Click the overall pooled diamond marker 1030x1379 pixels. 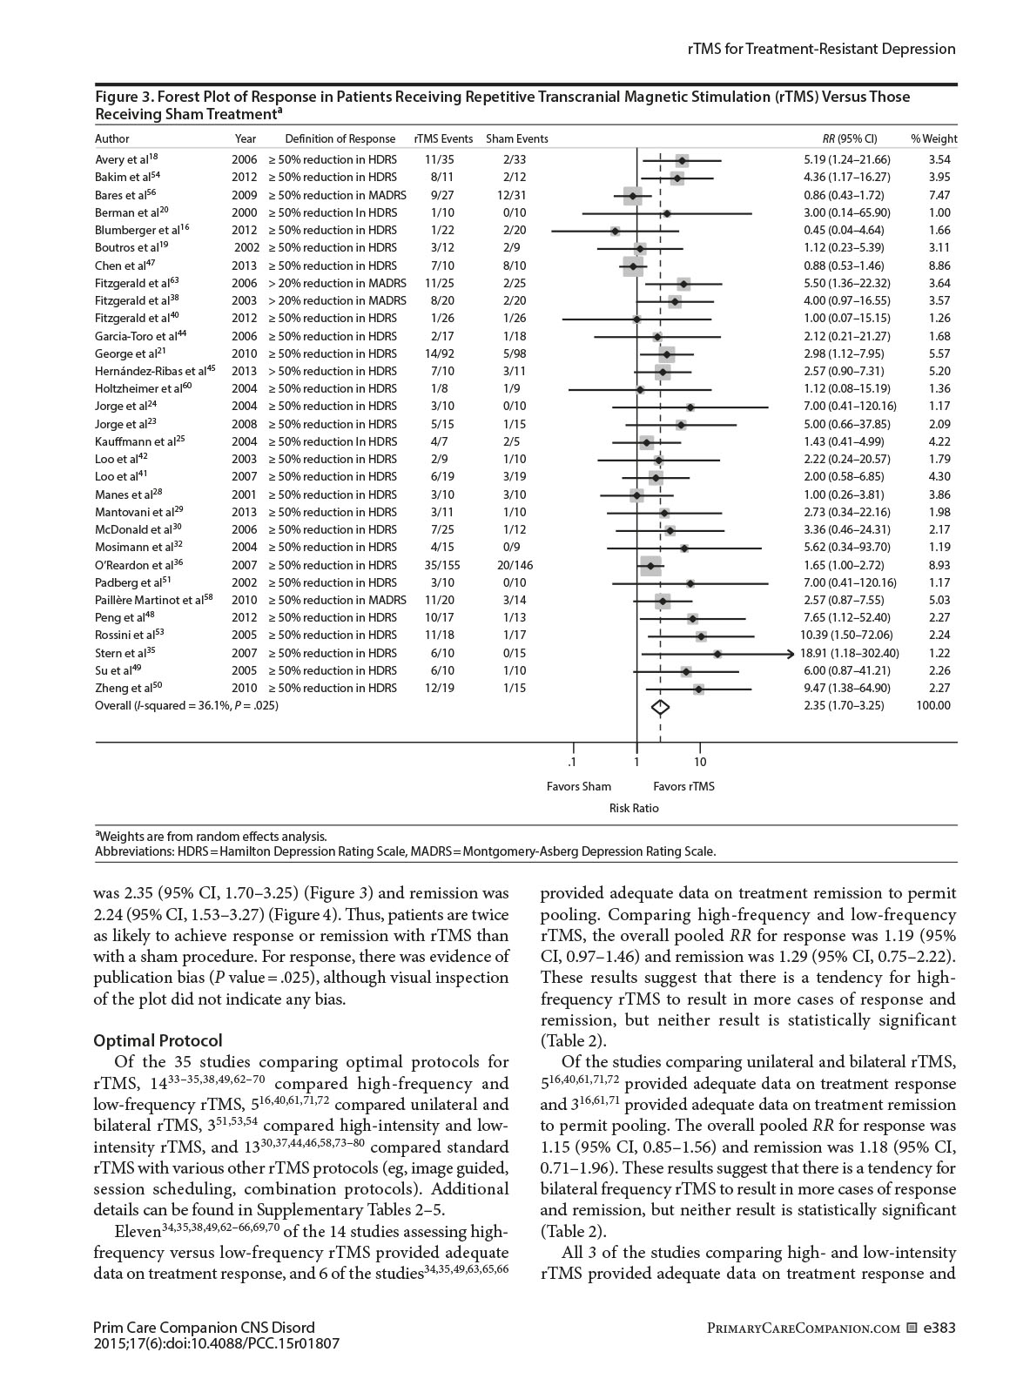pyautogui.click(x=660, y=706)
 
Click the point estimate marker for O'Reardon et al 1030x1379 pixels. pyautogui.click(x=650, y=566)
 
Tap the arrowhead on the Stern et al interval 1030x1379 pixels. pyautogui.click(x=791, y=654)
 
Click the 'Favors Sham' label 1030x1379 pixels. pyautogui.click(x=579, y=787)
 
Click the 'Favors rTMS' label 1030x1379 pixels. pyautogui.click(x=683, y=787)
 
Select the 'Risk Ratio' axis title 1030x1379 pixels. pyautogui.click(x=634, y=809)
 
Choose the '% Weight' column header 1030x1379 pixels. pyautogui.click(x=933, y=139)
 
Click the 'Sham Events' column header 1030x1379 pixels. pyautogui.click(x=517, y=139)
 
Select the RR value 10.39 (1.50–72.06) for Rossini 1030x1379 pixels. pyautogui.click(x=848, y=636)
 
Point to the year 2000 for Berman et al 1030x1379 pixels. pyautogui.click(x=245, y=212)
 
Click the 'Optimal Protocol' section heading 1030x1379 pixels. pyautogui.click(x=158, y=1041)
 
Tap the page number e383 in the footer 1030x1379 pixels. pyautogui.click(x=939, y=1329)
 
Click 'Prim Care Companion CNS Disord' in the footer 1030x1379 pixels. pyautogui.click(x=204, y=1329)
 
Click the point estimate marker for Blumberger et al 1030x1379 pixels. pyautogui.click(x=615, y=231)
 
